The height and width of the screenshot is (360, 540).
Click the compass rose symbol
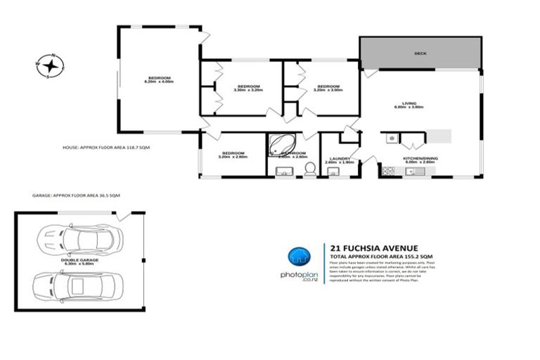point(51,65)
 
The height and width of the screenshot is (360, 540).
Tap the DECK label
point(420,53)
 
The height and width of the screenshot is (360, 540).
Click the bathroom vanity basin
point(283,172)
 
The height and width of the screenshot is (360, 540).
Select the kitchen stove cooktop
point(388,171)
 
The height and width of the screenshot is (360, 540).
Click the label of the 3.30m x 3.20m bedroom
point(247,88)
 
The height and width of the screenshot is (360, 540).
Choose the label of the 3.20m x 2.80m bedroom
point(233,155)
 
